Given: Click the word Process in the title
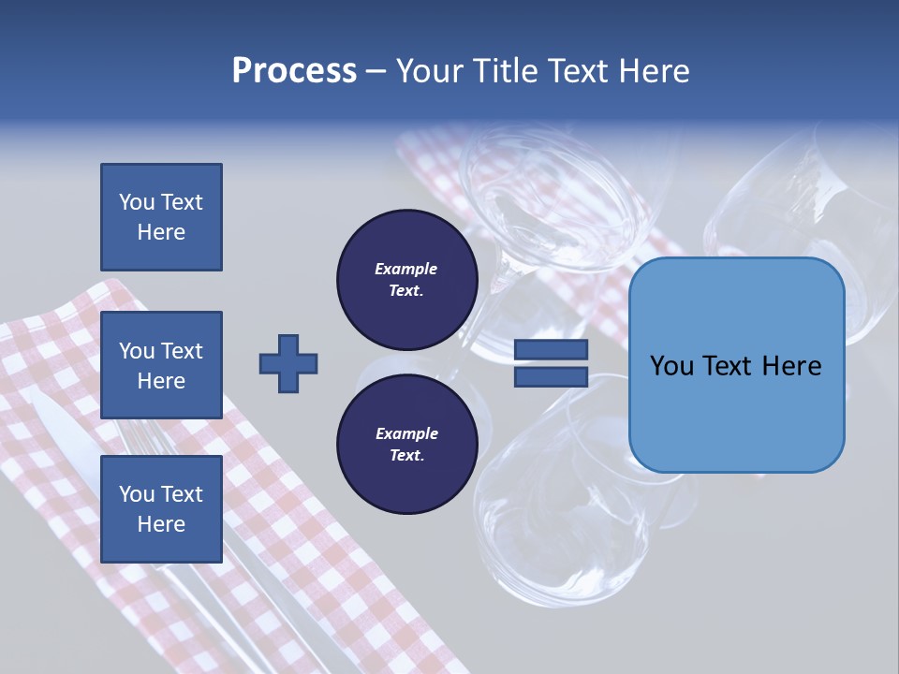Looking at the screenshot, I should coord(294,71).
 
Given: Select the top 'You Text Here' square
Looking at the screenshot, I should coord(161,217).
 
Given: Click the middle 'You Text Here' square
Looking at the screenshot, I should coord(161,365).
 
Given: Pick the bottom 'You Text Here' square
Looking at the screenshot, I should coord(161,508).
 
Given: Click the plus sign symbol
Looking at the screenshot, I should coord(288,363).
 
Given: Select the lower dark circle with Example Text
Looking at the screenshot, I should coord(406,445).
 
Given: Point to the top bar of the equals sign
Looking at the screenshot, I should coord(551,349).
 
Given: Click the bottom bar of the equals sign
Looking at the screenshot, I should coord(551,377).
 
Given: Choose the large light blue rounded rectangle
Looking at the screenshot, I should coord(736,364).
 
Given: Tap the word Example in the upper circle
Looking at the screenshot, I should coord(406,270).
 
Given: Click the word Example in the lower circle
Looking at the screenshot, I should coord(406,434).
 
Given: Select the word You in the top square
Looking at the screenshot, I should coord(137,202).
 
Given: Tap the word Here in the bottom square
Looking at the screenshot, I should coord(161,524).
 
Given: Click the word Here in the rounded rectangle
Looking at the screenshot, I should coord(792,366).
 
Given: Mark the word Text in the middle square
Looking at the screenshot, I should coord(182,351).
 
